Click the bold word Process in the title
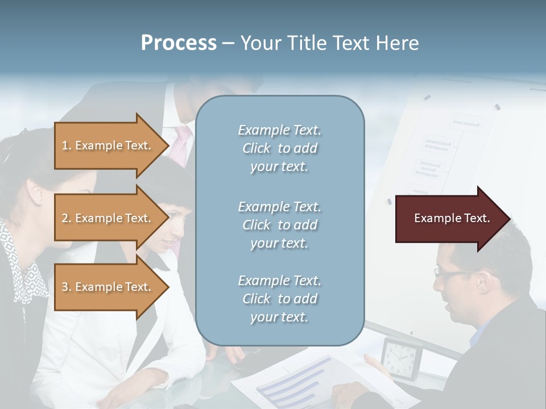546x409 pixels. point(179,43)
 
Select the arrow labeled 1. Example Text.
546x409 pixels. point(108,145)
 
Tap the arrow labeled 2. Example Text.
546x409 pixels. point(108,218)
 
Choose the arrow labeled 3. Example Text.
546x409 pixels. point(108,287)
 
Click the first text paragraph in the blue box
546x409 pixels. point(279,148)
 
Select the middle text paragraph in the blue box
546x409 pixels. point(279,224)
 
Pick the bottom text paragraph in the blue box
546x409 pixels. point(279,299)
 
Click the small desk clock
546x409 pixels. point(401,358)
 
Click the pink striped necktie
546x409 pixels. point(181,145)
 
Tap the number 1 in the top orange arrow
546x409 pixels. point(65,145)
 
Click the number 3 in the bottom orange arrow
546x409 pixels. point(65,287)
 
